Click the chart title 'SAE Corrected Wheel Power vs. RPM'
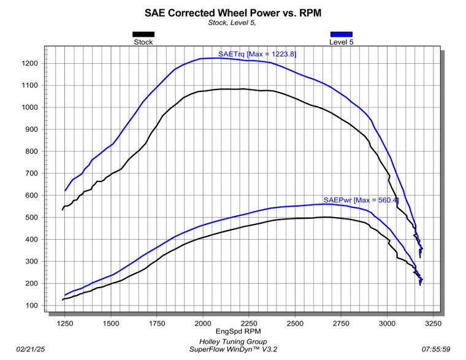click(233, 13)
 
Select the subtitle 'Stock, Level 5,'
click(232, 23)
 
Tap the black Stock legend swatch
click(143, 34)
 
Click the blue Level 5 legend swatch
click(341, 34)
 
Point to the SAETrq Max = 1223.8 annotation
click(257, 54)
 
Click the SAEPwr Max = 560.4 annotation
click(361, 200)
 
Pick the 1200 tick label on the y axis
click(29, 63)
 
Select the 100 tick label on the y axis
click(32, 305)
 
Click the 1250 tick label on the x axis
click(65, 323)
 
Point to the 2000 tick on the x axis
click(203, 323)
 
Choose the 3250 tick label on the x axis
click(434, 323)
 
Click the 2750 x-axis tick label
click(341, 323)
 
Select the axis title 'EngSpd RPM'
click(239, 331)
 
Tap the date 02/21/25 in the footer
click(31, 349)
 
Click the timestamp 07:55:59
click(436, 349)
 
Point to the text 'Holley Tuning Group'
click(233, 342)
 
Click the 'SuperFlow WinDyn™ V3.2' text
click(233, 349)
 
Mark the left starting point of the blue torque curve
click(65, 191)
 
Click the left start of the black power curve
click(63, 300)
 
